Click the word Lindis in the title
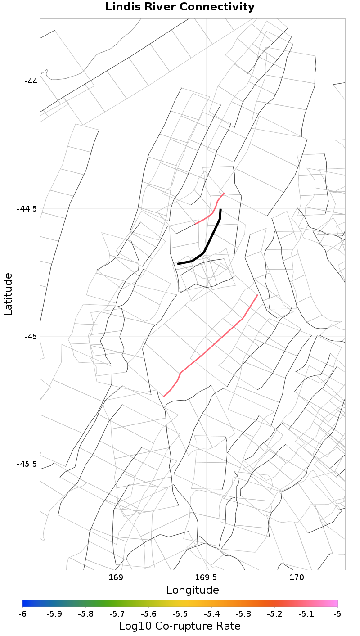[123, 7]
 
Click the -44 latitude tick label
[31, 81]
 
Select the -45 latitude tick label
[31, 337]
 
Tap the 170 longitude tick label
[297, 577]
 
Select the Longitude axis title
[193, 590]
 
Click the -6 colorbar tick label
[22, 614]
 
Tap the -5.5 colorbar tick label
[180, 614]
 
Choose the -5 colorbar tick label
[337, 614]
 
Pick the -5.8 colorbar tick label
[85, 614]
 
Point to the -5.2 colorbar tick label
[274, 614]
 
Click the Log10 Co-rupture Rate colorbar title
[180, 626]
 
